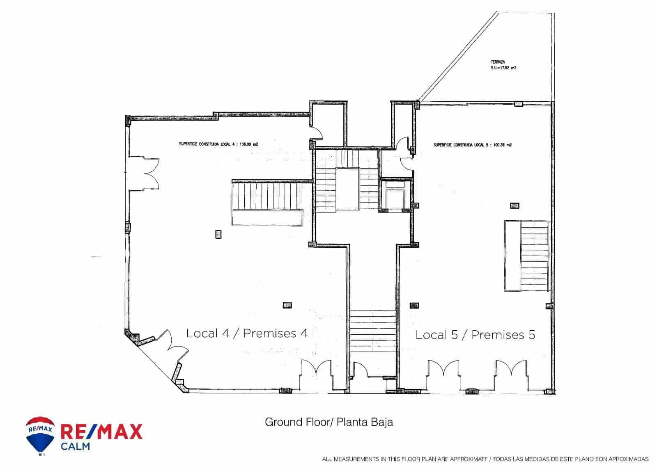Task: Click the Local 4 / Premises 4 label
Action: pos(247,333)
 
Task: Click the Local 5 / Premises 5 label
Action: pos(475,335)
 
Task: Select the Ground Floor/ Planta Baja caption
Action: pos(328,422)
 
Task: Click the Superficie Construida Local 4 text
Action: pos(218,144)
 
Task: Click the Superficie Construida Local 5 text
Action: pos(472,145)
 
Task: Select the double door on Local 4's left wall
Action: pos(145,173)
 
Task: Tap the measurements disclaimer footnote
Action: pos(485,459)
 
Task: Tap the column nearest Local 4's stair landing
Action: pos(218,234)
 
